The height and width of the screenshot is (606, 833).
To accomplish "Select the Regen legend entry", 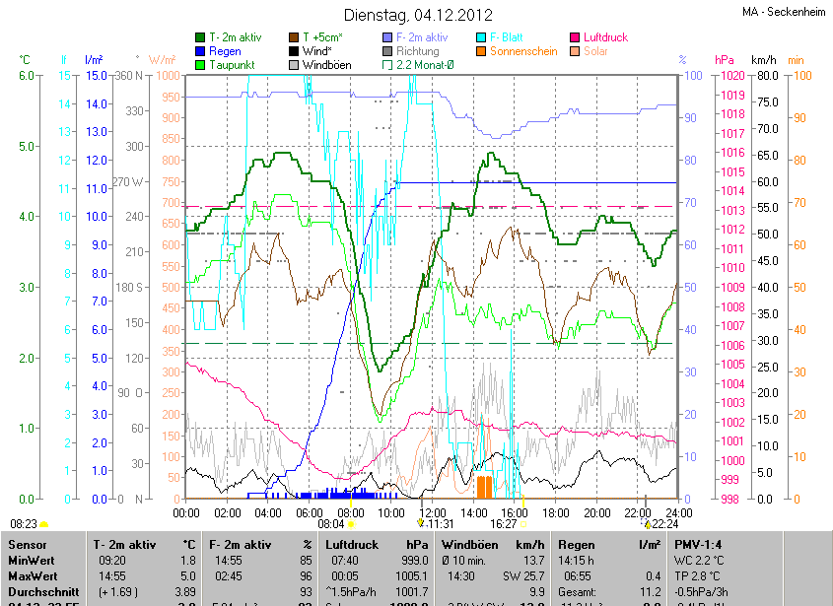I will [x=225, y=50].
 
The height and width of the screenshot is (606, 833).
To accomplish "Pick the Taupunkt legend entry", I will [x=232, y=64].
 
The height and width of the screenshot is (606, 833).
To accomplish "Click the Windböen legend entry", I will [x=326, y=64].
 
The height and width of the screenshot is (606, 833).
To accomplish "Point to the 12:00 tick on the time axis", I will [x=433, y=512].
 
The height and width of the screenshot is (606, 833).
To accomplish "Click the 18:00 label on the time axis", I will [x=556, y=512].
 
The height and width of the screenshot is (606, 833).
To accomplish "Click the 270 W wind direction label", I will [x=129, y=181].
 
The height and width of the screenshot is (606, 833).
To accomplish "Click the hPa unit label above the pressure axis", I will [x=725, y=60].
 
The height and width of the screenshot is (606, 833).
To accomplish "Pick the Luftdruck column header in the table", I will [x=351, y=544].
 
